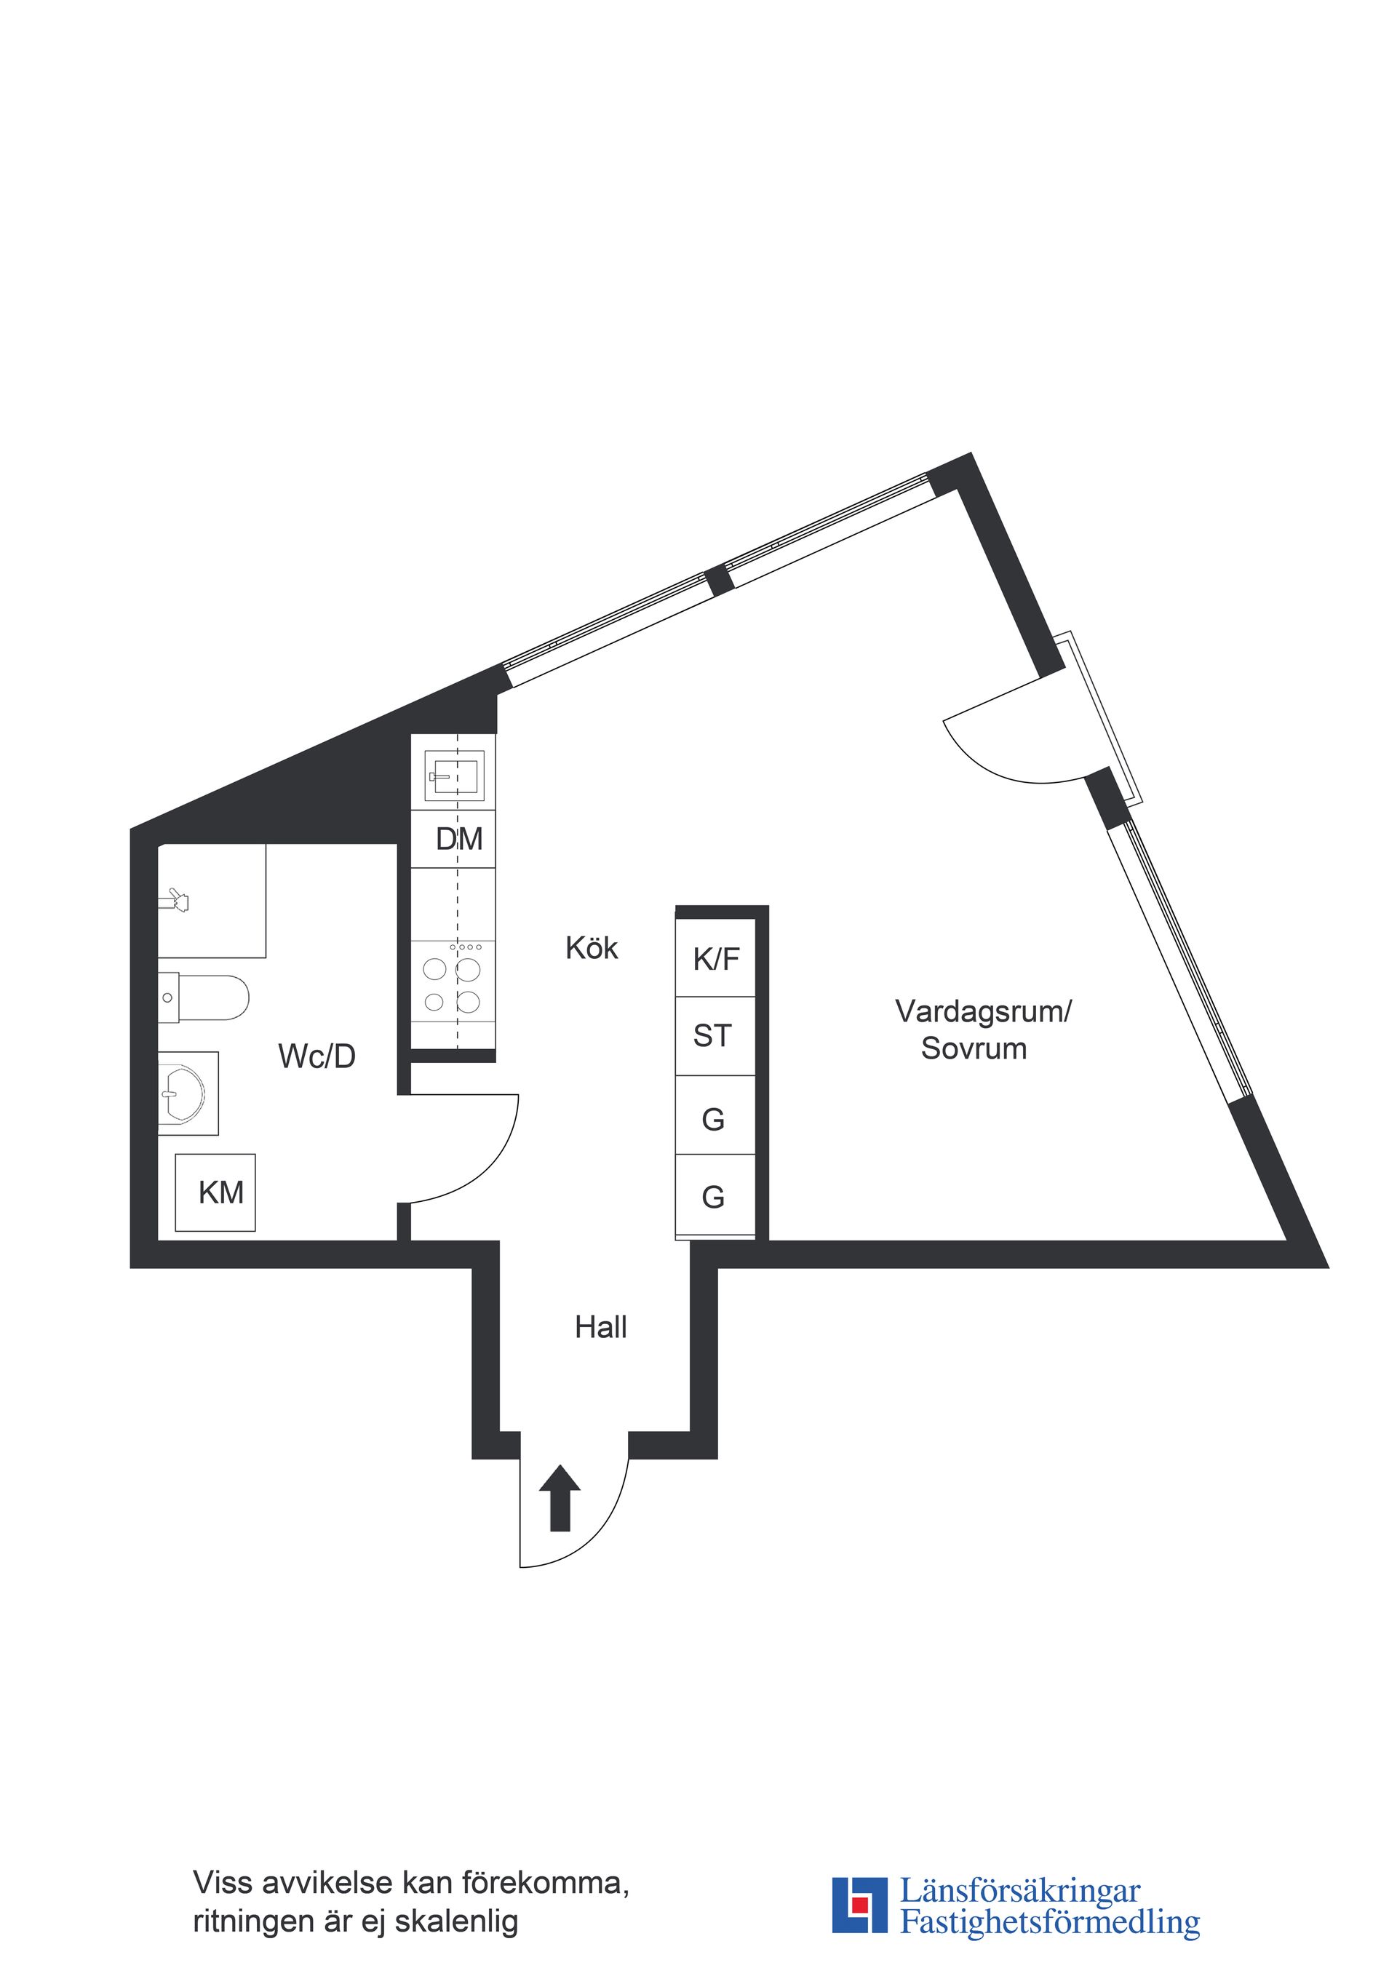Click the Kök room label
592,949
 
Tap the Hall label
600,1328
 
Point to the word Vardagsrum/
983,1012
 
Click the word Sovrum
974,1049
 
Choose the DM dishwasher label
459,839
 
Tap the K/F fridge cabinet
715,959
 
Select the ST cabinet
713,1036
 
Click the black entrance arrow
560,1498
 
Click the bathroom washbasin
184,1095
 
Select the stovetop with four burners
453,983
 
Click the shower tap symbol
178,900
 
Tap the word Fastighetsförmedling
1049,1924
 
